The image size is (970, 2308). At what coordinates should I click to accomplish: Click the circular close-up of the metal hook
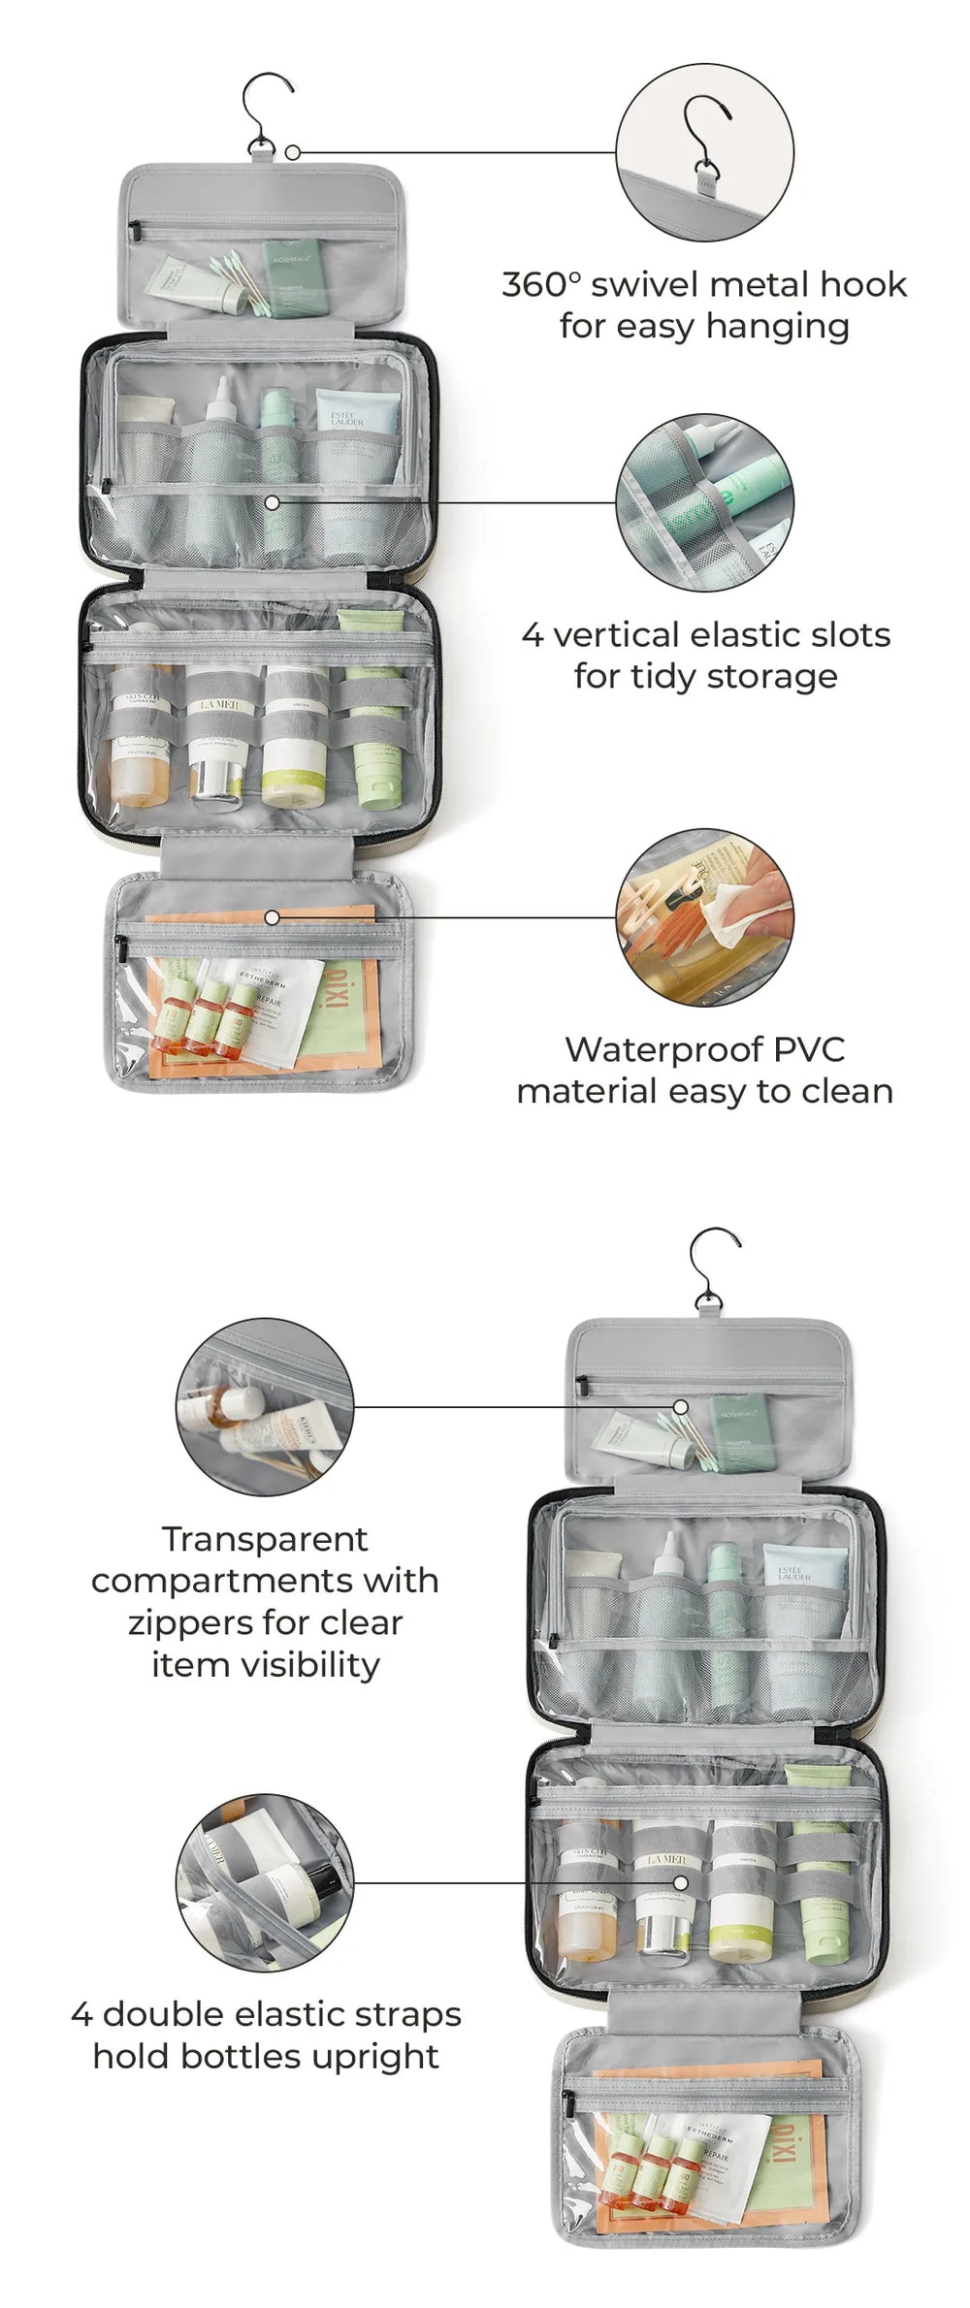[704, 152]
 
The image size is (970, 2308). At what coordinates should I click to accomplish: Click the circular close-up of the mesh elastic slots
[704, 502]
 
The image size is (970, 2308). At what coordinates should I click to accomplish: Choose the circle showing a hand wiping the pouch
[704, 916]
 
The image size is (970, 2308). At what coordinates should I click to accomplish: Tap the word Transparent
[264, 1539]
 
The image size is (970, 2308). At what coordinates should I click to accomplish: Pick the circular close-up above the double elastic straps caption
[264, 1882]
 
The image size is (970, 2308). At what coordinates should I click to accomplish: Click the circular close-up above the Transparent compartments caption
[264, 1406]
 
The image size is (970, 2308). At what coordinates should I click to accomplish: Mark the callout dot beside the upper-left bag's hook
[293, 152]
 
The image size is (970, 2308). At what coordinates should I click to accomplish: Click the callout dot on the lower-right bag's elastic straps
[681, 1882]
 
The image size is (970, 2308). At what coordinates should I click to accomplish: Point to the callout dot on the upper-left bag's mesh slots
[273, 502]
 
